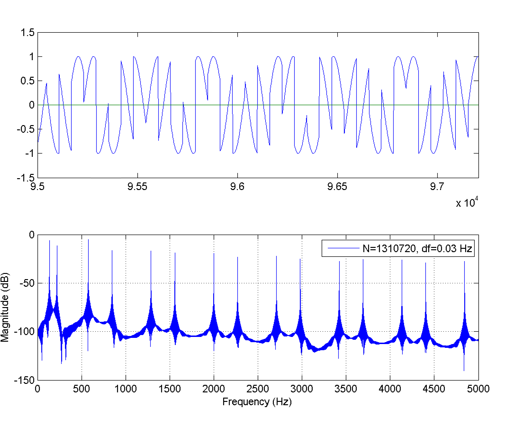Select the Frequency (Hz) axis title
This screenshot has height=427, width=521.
[x=258, y=402]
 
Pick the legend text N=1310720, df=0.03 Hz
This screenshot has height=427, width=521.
[x=415, y=248]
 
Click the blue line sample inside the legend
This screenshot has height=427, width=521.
[x=340, y=248]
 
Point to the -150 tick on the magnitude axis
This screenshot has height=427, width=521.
[x=26, y=380]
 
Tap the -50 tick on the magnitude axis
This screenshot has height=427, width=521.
[x=27, y=283]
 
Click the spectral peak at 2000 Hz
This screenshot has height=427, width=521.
[x=214, y=256]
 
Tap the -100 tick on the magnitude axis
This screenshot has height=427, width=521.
[x=26, y=332]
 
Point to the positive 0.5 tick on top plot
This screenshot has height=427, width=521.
[x=29, y=81]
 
